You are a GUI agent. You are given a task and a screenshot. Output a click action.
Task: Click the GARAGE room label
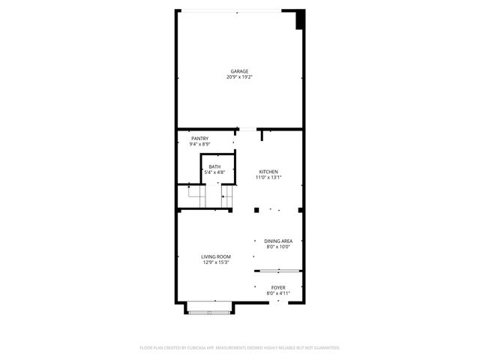click(239, 71)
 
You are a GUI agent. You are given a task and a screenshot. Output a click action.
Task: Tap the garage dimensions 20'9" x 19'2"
click(239, 77)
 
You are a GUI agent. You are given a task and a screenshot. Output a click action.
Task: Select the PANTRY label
click(199, 139)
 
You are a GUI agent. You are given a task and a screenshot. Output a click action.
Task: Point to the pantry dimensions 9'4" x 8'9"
click(199, 144)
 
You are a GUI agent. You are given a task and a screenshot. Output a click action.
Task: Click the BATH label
click(214, 166)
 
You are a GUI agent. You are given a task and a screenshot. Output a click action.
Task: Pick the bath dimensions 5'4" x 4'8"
click(214, 172)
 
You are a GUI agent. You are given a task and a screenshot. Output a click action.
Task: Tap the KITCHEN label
click(269, 172)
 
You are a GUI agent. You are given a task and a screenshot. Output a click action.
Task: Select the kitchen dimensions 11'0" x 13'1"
click(269, 178)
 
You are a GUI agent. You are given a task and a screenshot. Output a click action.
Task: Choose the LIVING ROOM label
click(215, 256)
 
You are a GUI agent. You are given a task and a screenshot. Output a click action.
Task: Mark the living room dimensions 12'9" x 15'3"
click(215, 262)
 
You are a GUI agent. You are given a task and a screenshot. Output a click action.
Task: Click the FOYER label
click(278, 287)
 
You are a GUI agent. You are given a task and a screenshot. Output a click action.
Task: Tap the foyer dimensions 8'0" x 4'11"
click(278, 293)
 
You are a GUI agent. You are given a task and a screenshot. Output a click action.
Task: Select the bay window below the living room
click(210, 306)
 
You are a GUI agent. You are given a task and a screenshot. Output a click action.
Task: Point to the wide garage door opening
click(237, 10)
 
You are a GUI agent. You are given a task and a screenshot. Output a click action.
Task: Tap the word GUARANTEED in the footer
click(324, 348)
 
